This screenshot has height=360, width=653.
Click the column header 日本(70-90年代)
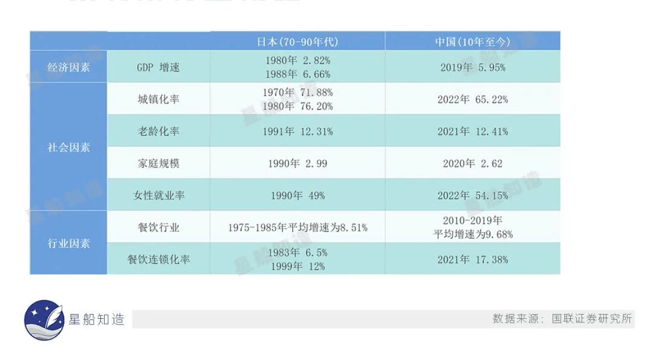click(x=297, y=42)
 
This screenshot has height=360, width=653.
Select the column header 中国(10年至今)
click(x=472, y=42)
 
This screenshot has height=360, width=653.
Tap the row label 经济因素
click(x=69, y=67)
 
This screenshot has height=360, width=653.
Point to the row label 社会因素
click(x=69, y=147)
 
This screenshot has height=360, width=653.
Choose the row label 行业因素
click(x=69, y=243)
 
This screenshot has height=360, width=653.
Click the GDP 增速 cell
click(x=158, y=67)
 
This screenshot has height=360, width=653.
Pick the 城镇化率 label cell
click(x=158, y=99)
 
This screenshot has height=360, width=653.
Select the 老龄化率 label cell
click(x=158, y=131)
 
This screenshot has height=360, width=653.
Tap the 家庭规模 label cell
click(x=158, y=163)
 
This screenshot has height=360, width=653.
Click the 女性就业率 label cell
click(x=158, y=195)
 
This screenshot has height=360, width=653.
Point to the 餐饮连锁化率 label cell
click(x=158, y=260)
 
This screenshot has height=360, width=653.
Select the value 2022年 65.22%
click(x=472, y=99)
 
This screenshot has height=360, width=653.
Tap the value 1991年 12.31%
click(x=297, y=131)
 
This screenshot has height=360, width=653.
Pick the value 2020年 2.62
click(x=472, y=163)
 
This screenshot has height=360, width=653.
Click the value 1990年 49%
click(x=297, y=195)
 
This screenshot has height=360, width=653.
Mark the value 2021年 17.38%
click(x=472, y=260)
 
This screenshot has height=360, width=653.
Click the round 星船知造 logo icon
click(x=44, y=320)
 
